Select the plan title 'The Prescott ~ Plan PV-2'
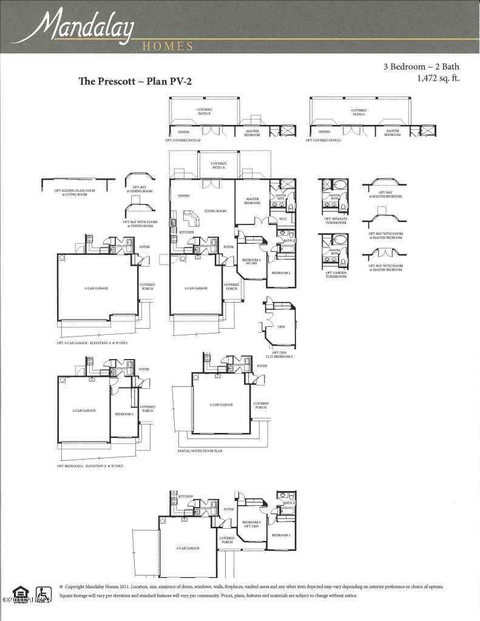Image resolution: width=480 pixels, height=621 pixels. [135, 81]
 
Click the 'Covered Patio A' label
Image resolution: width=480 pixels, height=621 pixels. [218, 165]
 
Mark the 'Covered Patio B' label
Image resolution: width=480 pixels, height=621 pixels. [204, 112]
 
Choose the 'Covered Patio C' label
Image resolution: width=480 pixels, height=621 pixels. [359, 112]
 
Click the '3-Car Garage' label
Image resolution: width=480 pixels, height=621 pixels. [97, 288]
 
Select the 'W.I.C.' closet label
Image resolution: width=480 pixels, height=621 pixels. [282, 218]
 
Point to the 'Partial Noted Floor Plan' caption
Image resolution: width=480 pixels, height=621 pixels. [200, 451]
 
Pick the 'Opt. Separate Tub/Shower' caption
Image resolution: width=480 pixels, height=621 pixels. [335, 221]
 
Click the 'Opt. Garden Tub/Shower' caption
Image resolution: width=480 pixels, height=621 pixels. [335, 275]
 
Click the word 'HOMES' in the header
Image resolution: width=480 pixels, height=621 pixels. [167, 46]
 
